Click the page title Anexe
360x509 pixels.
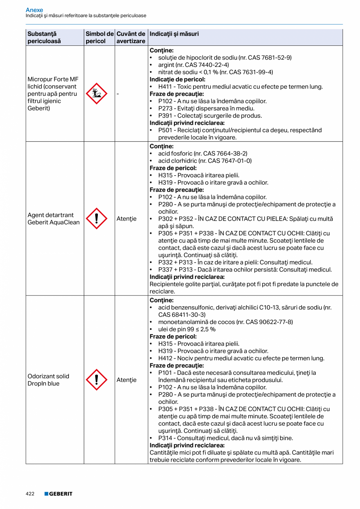[x=34, y=10]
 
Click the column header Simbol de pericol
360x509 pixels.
[x=99, y=38]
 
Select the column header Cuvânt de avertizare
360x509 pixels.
[x=131, y=38]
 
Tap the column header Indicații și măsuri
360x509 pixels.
[x=174, y=34]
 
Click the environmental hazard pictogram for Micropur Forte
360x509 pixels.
[x=96, y=94]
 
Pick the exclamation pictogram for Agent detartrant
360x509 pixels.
[x=96, y=219]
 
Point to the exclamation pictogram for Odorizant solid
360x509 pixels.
[x=96, y=380]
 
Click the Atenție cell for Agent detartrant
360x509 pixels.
[x=126, y=219]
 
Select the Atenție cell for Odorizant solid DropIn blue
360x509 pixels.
[x=126, y=380]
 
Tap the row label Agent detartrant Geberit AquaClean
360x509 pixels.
[x=54, y=219]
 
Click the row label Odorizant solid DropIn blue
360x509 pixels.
[x=49, y=380]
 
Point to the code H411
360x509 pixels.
[x=165, y=87]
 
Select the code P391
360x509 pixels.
[x=166, y=116]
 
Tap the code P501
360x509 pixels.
[x=166, y=130]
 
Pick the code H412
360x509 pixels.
[x=165, y=358]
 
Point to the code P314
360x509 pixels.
[x=166, y=438]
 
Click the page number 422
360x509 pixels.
[x=30, y=494]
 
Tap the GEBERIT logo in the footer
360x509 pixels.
[x=58, y=494]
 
